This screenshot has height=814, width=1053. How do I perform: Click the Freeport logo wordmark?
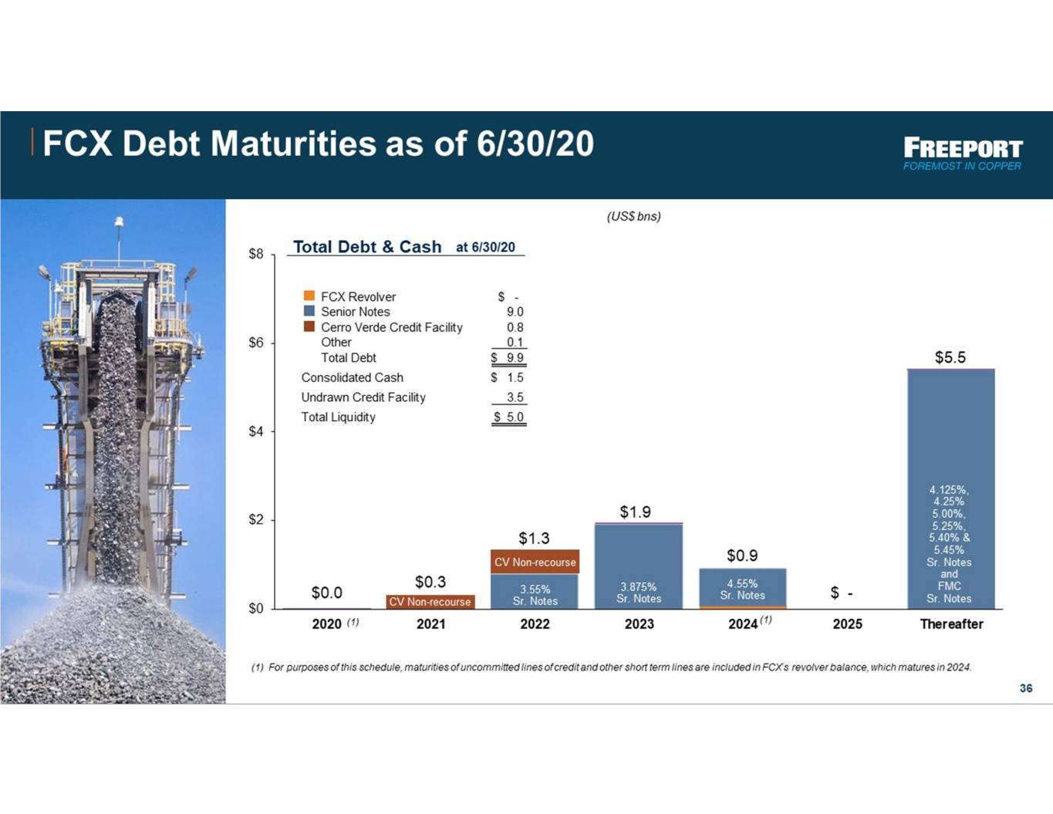click(x=963, y=148)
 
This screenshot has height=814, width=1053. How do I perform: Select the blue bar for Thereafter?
click(x=950, y=489)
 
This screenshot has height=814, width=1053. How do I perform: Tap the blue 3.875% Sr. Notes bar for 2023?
click(x=639, y=566)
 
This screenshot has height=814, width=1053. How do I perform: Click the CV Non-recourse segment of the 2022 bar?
click(x=535, y=562)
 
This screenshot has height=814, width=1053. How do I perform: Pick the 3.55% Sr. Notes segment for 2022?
click(x=535, y=592)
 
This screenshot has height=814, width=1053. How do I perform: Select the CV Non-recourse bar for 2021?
click(x=430, y=602)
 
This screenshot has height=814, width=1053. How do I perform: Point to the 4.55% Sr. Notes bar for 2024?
click(x=742, y=587)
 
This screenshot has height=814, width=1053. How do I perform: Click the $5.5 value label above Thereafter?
click(x=950, y=357)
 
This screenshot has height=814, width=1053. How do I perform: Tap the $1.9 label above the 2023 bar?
click(x=636, y=512)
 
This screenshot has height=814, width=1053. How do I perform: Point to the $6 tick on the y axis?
click(x=256, y=343)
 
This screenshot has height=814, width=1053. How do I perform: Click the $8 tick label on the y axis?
click(x=256, y=254)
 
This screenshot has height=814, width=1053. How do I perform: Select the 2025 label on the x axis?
click(x=848, y=624)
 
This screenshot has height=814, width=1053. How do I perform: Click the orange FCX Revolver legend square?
click(x=309, y=296)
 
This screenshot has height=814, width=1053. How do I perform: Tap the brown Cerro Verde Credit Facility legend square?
click(x=309, y=326)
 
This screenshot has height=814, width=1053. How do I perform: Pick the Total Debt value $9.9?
click(x=508, y=357)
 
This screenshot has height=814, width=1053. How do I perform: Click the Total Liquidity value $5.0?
click(x=509, y=417)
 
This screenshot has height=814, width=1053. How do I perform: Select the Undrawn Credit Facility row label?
click(x=363, y=398)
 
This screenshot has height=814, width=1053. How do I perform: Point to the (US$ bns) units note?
click(x=634, y=217)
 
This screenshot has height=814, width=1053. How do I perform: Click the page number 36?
click(x=1026, y=688)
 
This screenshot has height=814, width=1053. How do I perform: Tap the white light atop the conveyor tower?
click(x=119, y=221)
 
